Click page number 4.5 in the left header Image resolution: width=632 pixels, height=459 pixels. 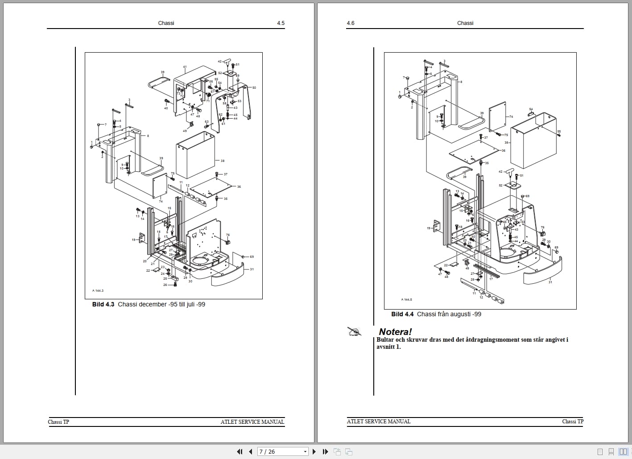click(x=281, y=23)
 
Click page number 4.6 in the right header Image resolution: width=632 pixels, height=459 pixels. click(x=351, y=23)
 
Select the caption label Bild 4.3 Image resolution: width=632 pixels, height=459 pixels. click(x=103, y=304)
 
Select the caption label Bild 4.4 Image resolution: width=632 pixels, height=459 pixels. click(x=402, y=314)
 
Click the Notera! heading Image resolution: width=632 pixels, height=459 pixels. click(x=395, y=331)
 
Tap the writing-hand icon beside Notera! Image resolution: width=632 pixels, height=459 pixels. click(x=355, y=331)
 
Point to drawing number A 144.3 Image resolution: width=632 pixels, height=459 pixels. click(x=98, y=290)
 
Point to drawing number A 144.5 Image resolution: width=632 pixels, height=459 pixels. click(x=406, y=299)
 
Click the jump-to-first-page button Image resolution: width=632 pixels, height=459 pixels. click(x=240, y=451)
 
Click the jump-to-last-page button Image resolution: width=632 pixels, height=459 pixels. click(x=325, y=451)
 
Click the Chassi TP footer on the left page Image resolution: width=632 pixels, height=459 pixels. click(x=58, y=422)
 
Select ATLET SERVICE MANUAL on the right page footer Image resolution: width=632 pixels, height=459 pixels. click(x=379, y=421)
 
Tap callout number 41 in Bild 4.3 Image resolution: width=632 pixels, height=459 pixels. click(x=185, y=67)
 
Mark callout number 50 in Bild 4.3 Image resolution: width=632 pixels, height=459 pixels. click(x=254, y=88)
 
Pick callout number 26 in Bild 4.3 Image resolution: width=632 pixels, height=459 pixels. click(x=165, y=285)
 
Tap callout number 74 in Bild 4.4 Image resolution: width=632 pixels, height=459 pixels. click(x=511, y=117)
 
